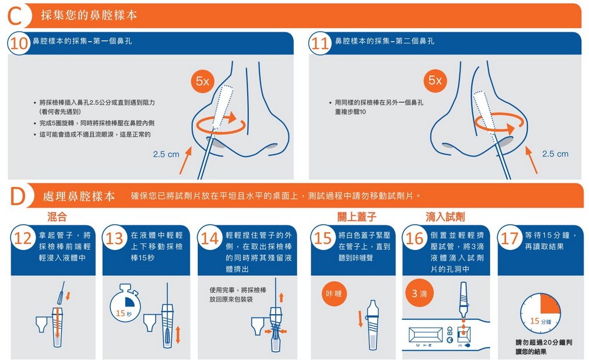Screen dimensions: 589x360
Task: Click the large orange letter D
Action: (17, 196)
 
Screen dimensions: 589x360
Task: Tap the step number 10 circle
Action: (19, 44)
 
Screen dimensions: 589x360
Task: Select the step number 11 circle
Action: (321, 44)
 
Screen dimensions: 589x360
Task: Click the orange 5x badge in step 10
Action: (203, 81)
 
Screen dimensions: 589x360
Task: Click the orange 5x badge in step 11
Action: (435, 81)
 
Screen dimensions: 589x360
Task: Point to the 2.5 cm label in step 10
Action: (166, 154)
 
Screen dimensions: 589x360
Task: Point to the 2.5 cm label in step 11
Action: (555, 154)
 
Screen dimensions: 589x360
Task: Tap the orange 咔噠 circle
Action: (334, 294)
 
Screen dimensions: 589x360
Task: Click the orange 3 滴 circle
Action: (419, 293)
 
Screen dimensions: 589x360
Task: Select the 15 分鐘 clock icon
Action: (541, 314)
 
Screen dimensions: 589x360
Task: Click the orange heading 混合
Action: (57, 216)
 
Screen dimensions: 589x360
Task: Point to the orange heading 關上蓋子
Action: (357, 217)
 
